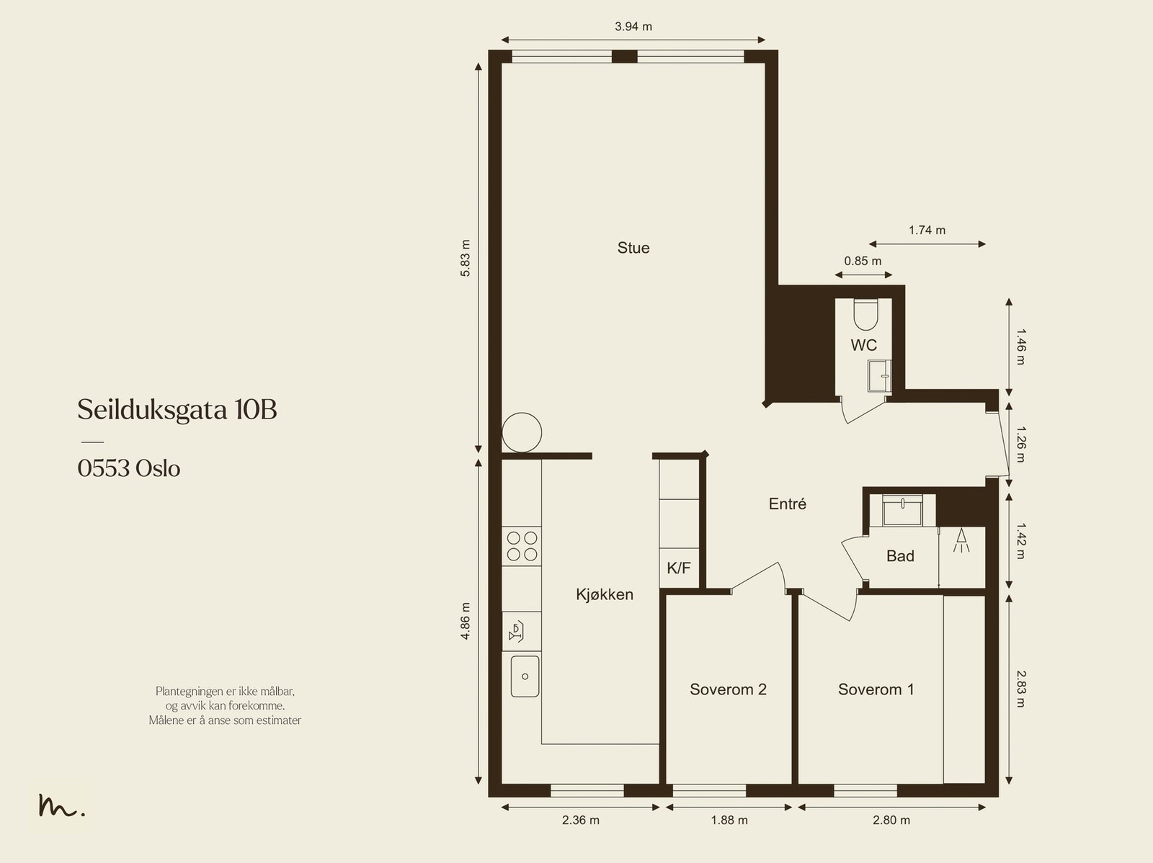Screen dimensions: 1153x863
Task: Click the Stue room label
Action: coord(633,248)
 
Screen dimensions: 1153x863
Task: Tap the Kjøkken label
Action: coord(605,594)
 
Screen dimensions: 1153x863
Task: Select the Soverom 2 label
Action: coord(728,689)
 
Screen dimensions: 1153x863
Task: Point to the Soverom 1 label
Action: coord(876,689)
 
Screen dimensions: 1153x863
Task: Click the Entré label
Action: coord(788,504)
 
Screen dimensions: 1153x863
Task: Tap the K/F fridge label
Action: coord(679,568)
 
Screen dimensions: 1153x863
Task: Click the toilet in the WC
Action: coord(865,314)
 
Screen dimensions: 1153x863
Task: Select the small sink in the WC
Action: coord(879,376)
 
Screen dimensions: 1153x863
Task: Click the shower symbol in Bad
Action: coord(961,540)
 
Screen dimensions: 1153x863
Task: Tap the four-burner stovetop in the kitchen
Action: coord(522,546)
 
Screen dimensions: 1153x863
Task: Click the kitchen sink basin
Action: coord(525,676)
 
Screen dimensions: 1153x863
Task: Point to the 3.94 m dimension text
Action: coord(633,26)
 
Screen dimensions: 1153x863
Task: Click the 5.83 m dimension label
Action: coord(466,258)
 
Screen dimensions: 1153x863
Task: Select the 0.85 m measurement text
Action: coord(863,261)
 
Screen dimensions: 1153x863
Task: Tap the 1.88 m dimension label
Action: coord(729,820)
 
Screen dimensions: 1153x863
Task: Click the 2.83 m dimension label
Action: coord(1020,689)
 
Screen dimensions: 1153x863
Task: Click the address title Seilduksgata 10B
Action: coord(177,410)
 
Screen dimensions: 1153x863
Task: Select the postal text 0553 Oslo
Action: coord(129,468)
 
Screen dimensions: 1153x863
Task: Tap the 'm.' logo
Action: coord(61,805)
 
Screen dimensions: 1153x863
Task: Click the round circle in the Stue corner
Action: coord(522,413)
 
